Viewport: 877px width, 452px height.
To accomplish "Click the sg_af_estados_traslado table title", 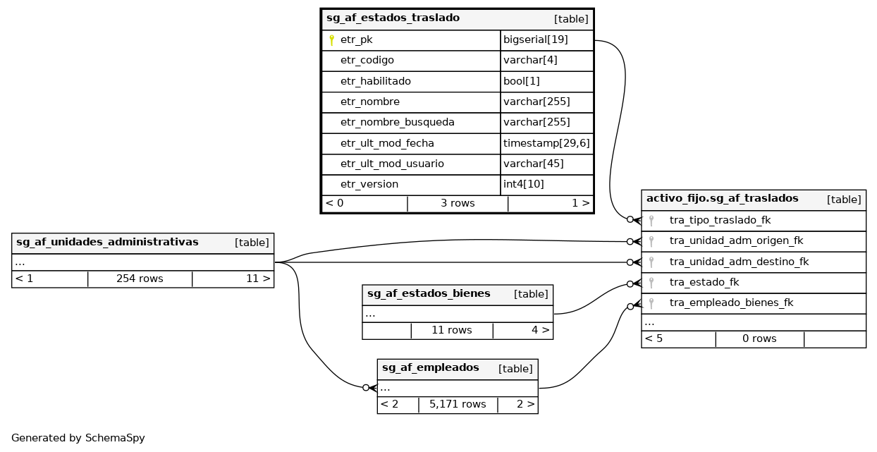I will point(393,18).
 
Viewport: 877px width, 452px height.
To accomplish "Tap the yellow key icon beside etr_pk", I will point(331,40).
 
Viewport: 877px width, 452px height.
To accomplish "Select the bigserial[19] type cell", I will point(536,40).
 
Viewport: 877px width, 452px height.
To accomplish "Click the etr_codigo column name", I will point(367,61).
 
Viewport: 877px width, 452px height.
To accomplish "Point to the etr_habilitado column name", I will point(375,81).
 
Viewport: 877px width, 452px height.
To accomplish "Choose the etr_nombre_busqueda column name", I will point(397,123).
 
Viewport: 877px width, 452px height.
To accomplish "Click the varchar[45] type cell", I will point(533,164).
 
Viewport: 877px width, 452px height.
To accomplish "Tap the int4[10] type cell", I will point(523,184).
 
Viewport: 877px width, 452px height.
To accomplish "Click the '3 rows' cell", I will point(458,204).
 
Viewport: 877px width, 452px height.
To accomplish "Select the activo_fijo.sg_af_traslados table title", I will point(722,199).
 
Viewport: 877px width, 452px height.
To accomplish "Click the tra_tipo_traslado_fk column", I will point(720,221).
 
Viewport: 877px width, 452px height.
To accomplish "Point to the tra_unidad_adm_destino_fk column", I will point(739,262).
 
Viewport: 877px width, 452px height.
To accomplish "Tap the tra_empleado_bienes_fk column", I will point(731,303).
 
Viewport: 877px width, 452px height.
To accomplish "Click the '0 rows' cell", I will point(759,339).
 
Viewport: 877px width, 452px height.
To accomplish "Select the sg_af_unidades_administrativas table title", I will point(107,243).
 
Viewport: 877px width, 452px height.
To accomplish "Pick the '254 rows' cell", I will point(140,279).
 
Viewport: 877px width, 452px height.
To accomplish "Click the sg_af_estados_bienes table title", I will point(429,294).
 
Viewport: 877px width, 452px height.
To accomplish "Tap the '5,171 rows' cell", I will point(458,405).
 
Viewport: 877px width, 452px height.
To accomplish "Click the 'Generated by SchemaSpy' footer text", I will point(78,438).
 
